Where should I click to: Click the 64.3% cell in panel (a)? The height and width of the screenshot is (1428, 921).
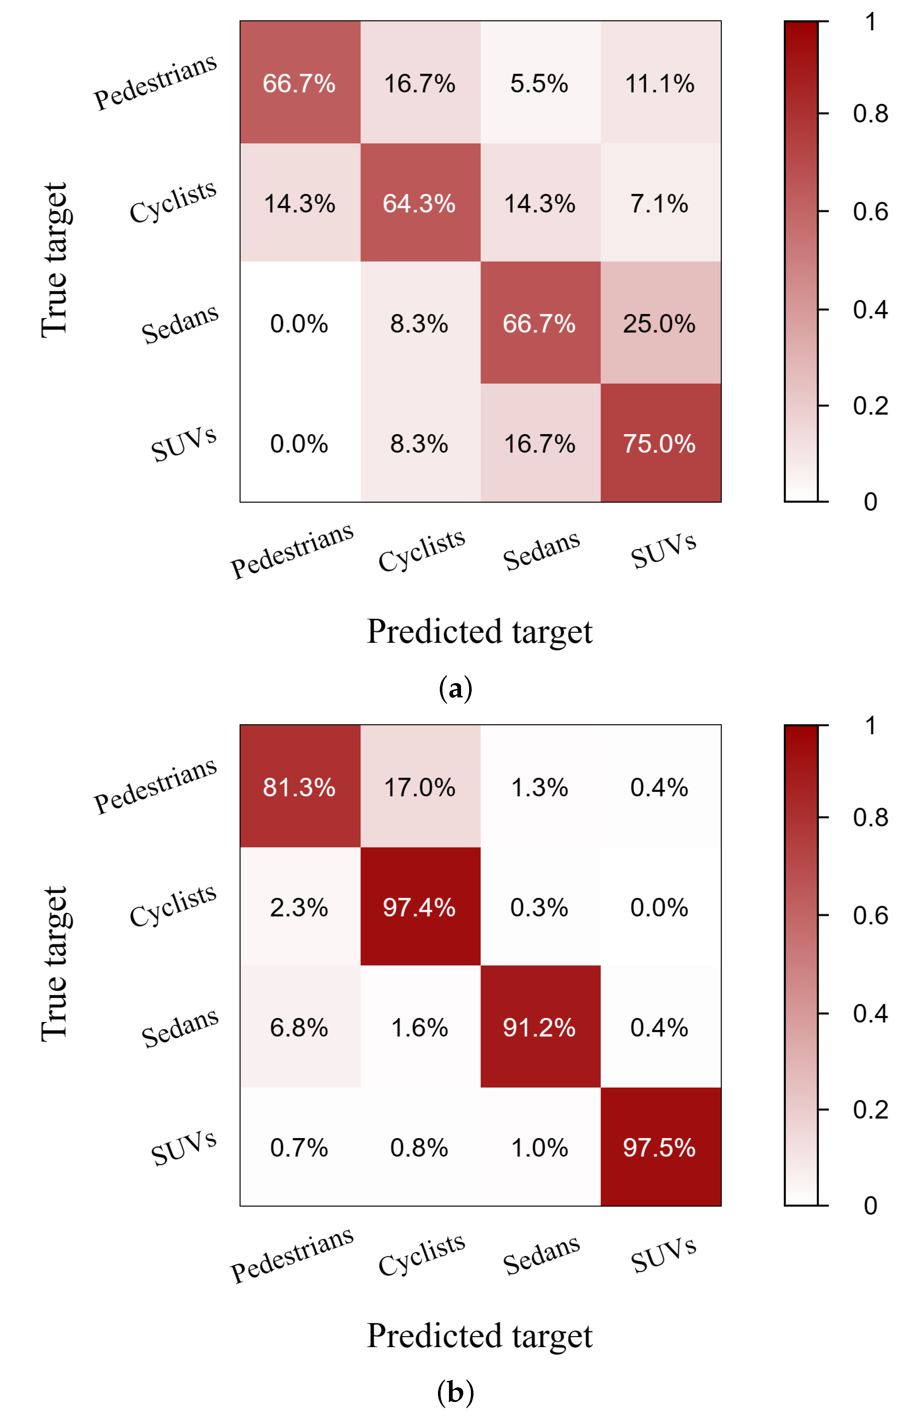point(419,204)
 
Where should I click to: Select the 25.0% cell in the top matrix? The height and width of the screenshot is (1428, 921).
point(660,324)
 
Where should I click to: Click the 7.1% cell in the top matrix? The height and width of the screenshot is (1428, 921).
point(660,204)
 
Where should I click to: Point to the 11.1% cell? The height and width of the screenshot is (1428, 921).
point(660,83)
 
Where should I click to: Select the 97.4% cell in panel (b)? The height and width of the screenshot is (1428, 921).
point(419,907)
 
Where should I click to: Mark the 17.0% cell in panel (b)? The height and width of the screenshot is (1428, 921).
point(419,787)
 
